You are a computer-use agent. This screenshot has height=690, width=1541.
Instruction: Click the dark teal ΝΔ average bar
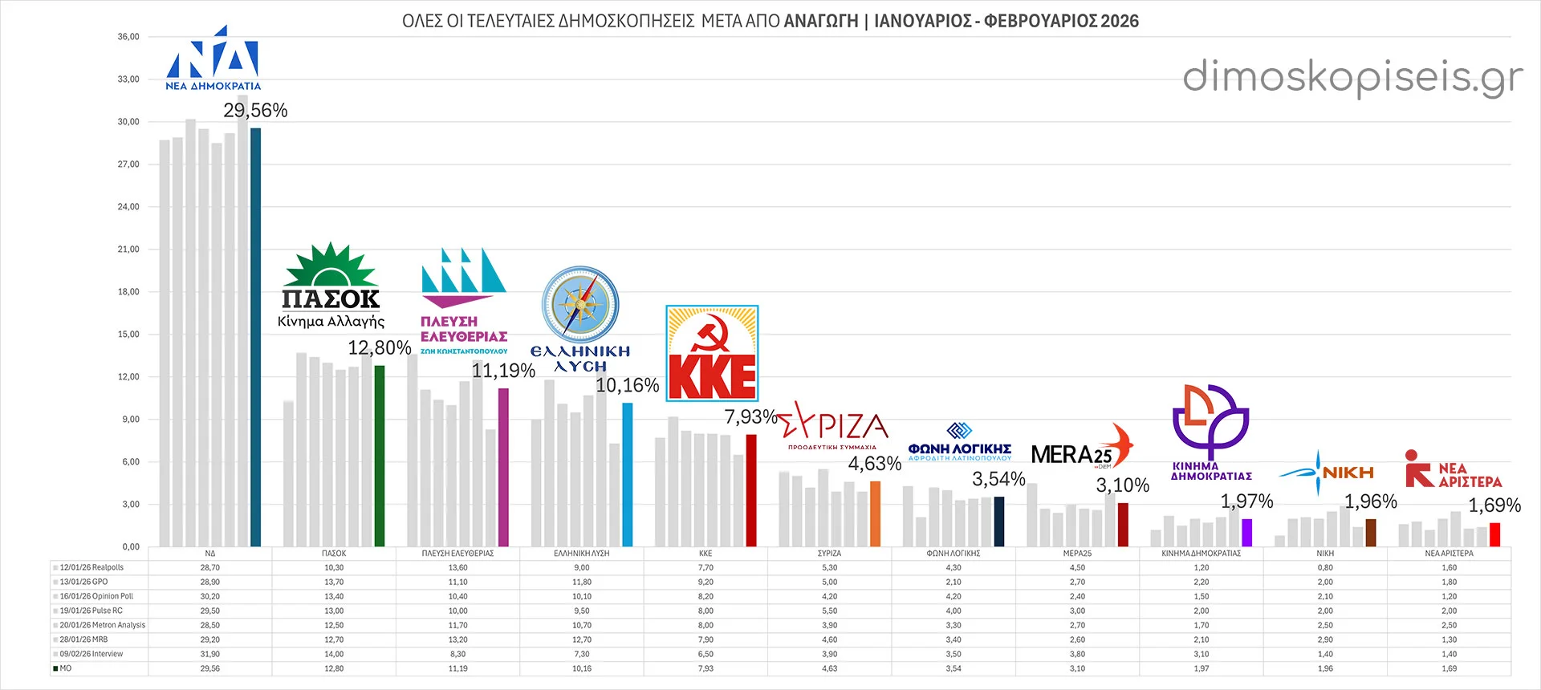(x=255, y=337)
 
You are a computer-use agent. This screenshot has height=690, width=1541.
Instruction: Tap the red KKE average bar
(x=751, y=490)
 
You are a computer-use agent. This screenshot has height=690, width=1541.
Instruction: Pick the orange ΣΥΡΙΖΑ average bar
(x=875, y=513)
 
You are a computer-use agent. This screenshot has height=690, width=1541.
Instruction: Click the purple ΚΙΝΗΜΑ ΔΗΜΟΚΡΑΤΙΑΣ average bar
(x=1246, y=533)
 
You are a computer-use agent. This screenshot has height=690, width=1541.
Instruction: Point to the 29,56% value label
(x=255, y=111)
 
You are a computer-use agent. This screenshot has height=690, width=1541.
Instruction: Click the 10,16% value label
(x=627, y=386)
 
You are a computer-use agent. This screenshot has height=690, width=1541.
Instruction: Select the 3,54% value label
(x=998, y=480)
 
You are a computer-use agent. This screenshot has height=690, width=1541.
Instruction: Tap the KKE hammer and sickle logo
(x=712, y=353)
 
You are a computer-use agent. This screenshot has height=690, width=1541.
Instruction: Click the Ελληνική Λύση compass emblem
(x=580, y=305)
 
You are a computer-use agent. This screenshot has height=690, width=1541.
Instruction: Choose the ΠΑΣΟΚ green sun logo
(x=330, y=265)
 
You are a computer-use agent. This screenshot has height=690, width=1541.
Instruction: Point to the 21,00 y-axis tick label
(x=128, y=250)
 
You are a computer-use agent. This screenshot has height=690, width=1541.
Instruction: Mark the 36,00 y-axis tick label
(x=128, y=37)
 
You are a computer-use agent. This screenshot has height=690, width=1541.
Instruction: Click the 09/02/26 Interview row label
(x=91, y=654)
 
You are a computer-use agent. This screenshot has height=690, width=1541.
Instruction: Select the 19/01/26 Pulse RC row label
(x=91, y=611)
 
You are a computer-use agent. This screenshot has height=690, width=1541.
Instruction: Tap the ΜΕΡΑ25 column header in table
(x=1077, y=554)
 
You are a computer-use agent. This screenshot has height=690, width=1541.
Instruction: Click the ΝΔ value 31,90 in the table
(x=209, y=654)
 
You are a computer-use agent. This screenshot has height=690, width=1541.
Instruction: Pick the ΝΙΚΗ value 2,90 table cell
(x=1325, y=639)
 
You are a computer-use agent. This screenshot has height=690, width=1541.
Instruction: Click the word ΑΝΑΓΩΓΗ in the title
(x=821, y=22)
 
